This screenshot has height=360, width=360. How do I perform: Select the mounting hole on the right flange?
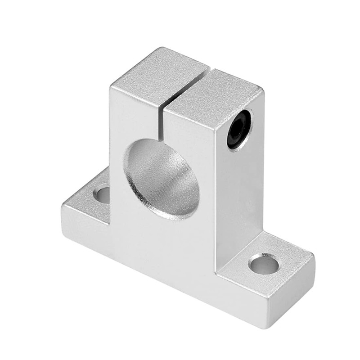pyautogui.click(x=264, y=264)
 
